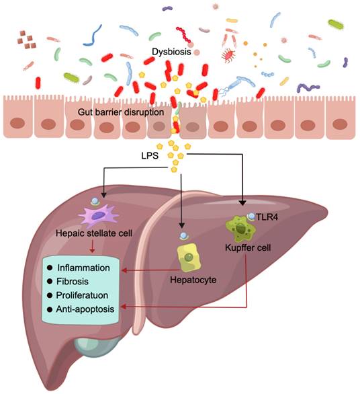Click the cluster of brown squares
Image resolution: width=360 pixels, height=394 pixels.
(x=29, y=39)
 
